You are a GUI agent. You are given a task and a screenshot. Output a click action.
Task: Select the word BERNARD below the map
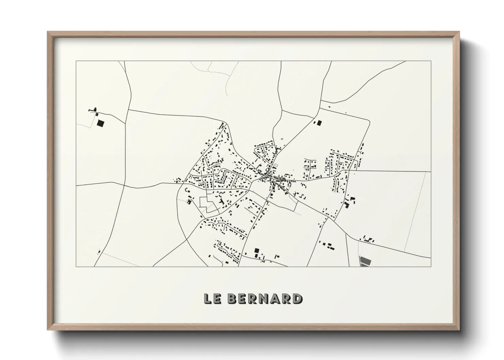point(264,299)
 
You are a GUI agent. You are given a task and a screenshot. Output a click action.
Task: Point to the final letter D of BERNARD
point(297,299)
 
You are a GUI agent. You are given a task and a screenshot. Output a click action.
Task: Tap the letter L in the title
point(207,299)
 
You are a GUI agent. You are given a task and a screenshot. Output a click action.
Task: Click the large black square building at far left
point(100,123)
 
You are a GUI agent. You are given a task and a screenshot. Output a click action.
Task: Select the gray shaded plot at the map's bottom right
point(365,261)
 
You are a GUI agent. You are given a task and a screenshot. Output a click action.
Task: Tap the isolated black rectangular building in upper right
point(319,123)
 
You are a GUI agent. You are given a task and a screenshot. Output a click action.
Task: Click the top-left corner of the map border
point(76,61)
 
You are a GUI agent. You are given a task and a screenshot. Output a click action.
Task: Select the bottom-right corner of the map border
point(431,266)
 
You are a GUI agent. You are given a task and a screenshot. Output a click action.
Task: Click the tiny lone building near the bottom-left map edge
point(99,252)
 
